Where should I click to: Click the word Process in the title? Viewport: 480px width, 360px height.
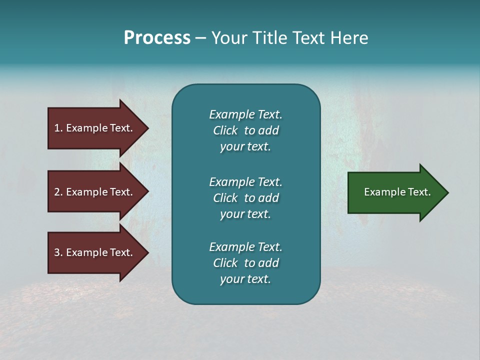point(157,38)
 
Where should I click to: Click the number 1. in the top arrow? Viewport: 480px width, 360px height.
point(58,128)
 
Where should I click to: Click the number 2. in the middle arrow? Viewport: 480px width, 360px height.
point(58,192)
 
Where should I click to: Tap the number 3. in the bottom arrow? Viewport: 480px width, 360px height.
point(58,252)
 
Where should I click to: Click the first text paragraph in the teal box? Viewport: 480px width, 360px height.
point(245,130)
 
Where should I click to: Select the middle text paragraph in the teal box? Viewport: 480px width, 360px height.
point(245,198)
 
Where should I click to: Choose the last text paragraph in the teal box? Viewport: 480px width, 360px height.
point(245,263)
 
